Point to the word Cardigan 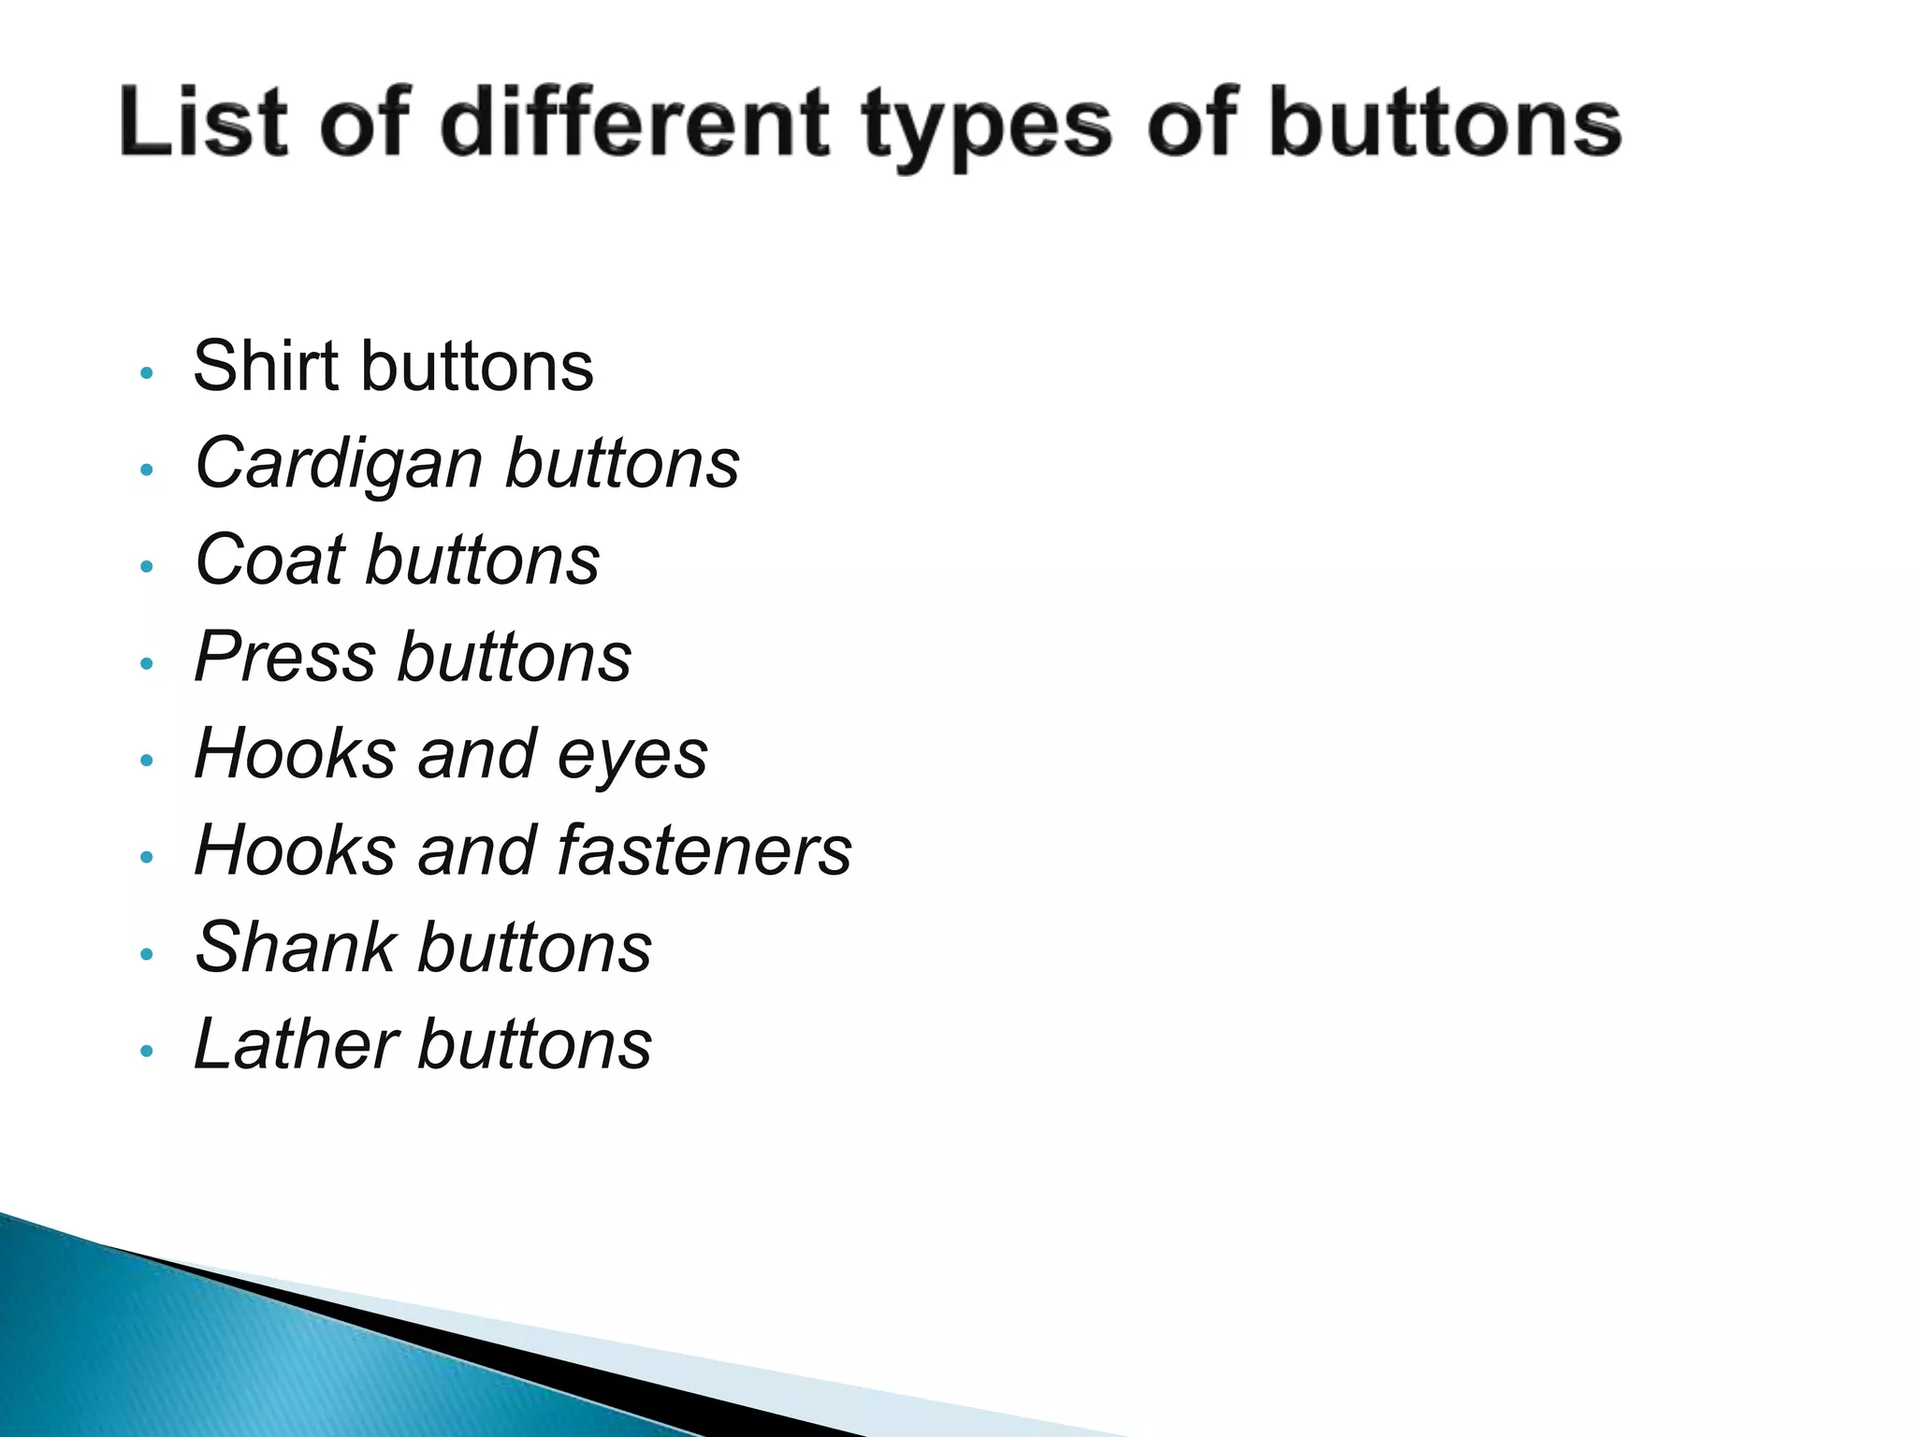[338, 464]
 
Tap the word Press [284, 657]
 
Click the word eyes [632, 755]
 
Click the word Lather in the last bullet [296, 1044]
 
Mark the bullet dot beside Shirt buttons [145, 372]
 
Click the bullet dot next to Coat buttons [145, 566]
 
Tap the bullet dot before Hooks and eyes [145, 760]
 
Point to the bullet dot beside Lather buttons [145, 1051]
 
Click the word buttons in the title [1444, 123]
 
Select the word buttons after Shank [535, 948]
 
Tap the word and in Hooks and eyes [476, 753]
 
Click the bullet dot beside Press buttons [145, 663]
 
